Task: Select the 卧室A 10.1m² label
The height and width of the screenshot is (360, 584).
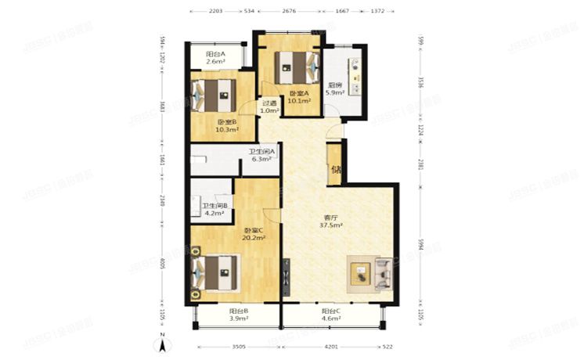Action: pyautogui.click(x=299, y=96)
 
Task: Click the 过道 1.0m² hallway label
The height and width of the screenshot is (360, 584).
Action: pyautogui.click(x=269, y=106)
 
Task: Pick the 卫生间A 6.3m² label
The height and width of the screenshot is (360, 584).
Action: pyautogui.click(x=260, y=156)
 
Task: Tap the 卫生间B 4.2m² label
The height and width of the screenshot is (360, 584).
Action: pyautogui.click(x=214, y=209)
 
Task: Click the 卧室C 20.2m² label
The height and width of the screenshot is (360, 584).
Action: pyautogui.click(x=254, y=232)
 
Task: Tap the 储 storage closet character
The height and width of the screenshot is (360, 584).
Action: pyautogui.click(x=335, y=169)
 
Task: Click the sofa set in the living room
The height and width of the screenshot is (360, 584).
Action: pyautogui.click(x=371, y=272)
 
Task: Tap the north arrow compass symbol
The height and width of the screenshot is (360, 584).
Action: pyautogui.click(x=163, y=341)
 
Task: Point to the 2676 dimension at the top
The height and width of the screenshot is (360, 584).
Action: pyautogui.click(x=290, y=13)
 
